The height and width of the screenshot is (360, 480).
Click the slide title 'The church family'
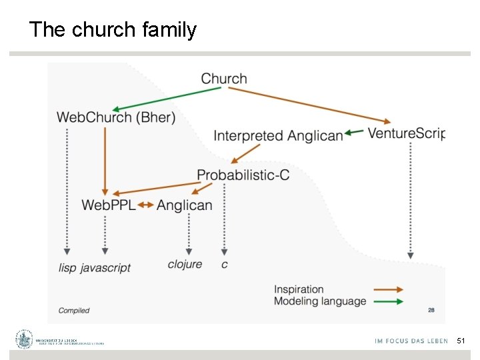pos(113,30)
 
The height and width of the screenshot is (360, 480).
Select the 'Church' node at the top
pos(224,79)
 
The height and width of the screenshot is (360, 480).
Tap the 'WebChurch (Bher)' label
pos(116,118)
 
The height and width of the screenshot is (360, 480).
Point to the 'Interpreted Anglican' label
pos(278,136)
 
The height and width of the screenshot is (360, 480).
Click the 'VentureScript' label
pos(406,133)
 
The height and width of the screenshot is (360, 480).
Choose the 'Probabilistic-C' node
pos(243,175)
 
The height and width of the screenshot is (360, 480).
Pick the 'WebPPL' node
pos(108,205)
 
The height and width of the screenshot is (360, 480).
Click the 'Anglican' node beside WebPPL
pos(185,205)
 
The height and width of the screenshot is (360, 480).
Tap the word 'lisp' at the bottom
pos(67,267)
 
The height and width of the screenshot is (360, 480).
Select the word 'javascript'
pos(105,267)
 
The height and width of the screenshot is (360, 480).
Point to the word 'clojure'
pos(185,264)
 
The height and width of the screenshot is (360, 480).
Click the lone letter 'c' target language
pos(224,265)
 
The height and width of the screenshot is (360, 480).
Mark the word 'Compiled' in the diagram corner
pos(74,311)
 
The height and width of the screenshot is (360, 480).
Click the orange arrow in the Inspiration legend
pos(389,289)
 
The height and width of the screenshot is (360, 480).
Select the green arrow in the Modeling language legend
pos(389,301)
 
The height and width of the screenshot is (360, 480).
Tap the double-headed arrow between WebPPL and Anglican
pos(146,205)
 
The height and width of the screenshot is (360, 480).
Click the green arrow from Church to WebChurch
pos(167,99)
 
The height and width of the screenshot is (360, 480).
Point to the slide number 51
pos(461,341)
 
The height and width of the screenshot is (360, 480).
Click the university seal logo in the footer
pos(25,339)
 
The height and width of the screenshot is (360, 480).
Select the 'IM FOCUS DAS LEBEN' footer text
pos(411,341)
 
